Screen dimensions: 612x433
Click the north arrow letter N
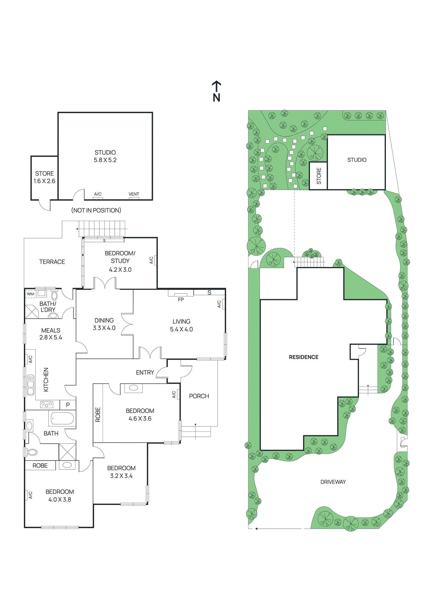216,98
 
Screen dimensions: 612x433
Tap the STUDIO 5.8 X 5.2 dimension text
105,160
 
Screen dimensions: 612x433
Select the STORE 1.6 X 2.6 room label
44,177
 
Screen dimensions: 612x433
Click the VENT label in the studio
134,194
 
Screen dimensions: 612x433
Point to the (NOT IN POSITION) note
96,210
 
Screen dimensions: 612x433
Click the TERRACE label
52,262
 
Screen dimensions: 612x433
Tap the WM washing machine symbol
30,294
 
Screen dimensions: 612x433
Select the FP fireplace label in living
181,299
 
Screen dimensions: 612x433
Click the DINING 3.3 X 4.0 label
104,324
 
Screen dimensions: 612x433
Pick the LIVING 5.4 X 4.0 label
181,326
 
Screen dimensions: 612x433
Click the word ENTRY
145,373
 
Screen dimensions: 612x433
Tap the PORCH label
199,396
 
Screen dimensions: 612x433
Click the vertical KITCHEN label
46,379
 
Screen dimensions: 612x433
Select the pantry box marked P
68,405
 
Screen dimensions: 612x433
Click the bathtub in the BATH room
62,418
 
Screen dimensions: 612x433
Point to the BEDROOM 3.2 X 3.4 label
121,472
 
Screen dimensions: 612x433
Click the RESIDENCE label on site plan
304,357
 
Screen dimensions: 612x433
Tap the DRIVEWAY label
333,482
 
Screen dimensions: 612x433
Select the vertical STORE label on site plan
319,176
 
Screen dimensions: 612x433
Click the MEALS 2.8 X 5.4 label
51,334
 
